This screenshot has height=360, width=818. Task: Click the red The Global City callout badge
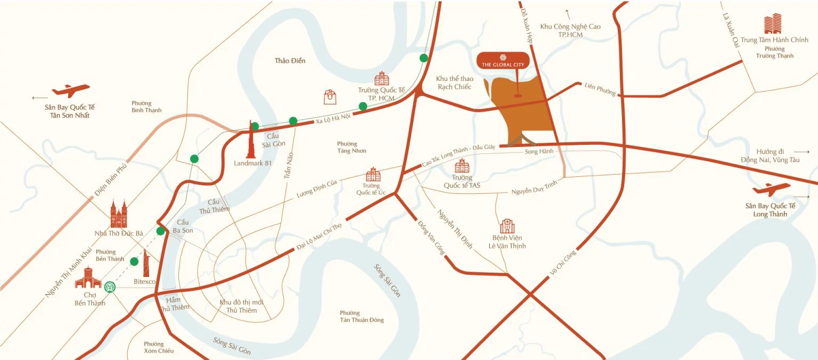[x=503, y=61]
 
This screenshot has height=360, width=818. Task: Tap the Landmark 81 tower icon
[x=250, y=139]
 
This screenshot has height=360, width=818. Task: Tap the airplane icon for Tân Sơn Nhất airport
[x=71, y=91]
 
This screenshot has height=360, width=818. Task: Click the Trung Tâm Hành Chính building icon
[x=773, y=24]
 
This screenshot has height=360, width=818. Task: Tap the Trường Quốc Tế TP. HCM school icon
[x=382, y=79]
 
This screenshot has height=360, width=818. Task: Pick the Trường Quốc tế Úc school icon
[x=373, y=175]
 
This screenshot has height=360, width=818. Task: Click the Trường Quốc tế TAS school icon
[x=462, y=166]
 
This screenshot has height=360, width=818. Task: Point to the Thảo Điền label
[x=290, y=61]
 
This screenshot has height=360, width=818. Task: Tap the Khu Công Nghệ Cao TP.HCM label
[x=570, y=30]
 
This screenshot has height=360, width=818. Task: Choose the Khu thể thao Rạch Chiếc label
[x=455, y=83]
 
